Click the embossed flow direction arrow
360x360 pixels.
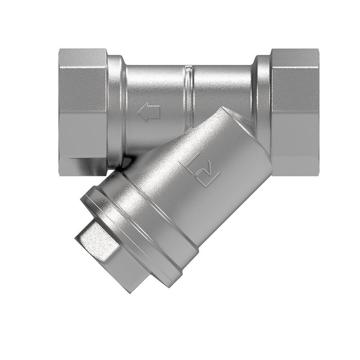click(149, 113)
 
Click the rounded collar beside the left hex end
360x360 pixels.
click(116, 108)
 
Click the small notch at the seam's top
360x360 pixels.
click(188, 67)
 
